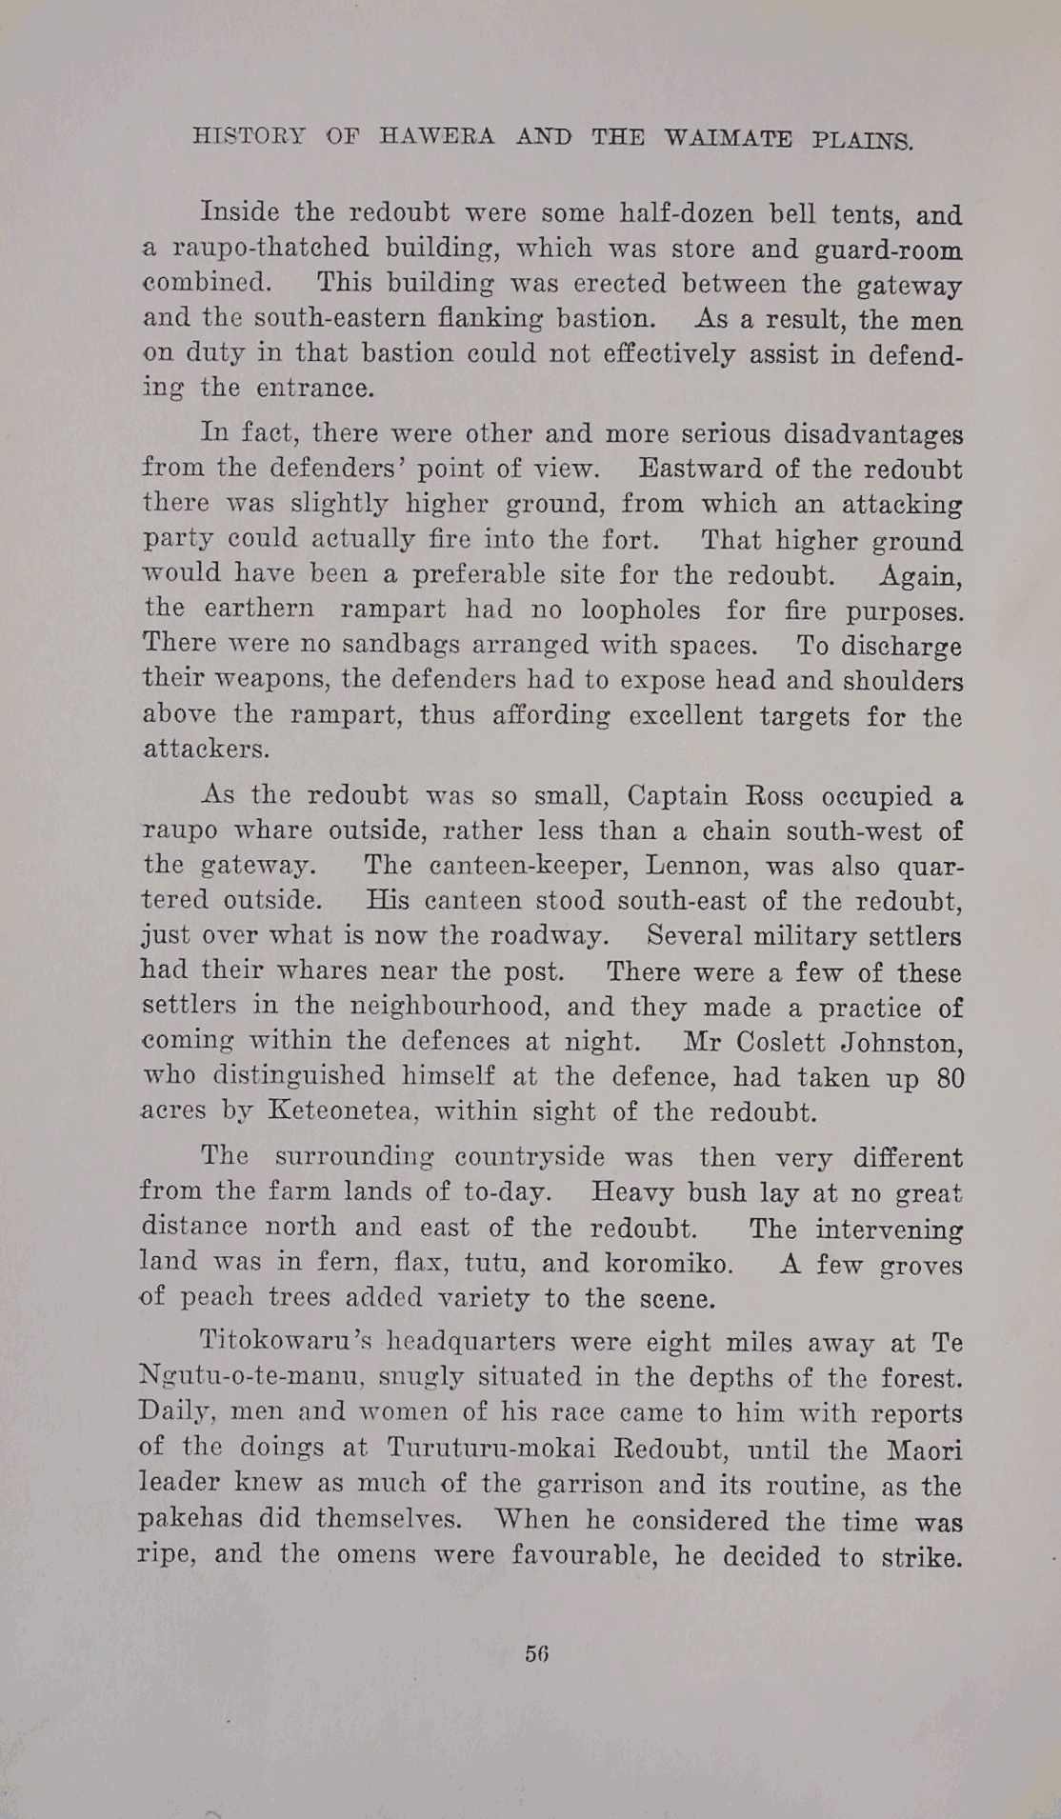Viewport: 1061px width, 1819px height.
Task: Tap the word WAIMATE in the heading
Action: (x=729, y=138)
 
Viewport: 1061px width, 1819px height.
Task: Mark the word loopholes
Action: (x=640, y=610)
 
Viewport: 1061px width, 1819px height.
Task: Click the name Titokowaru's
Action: (x=283, y=1343)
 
